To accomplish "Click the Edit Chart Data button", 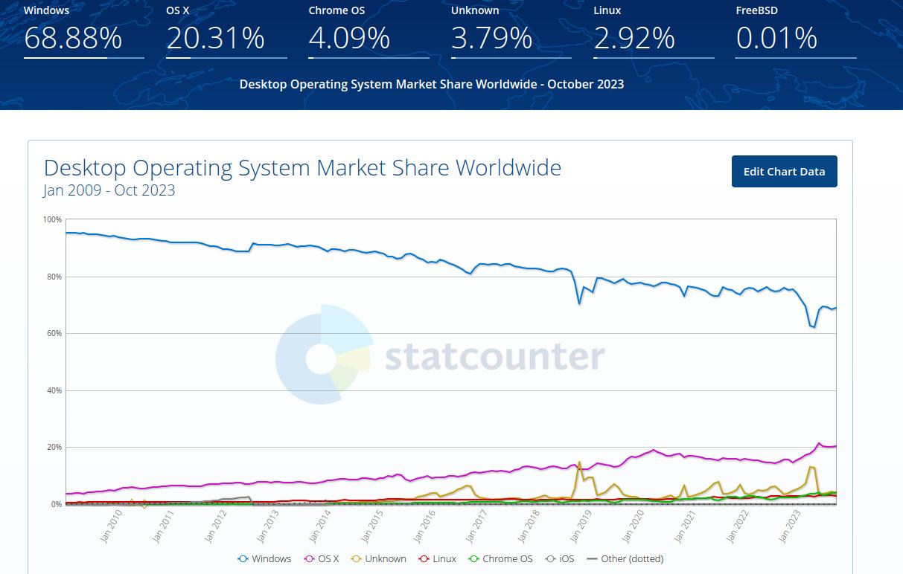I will point(784,172).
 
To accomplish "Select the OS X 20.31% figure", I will point(215,38).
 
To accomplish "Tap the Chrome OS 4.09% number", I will point(349,38).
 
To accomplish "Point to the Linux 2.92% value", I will point(634,38).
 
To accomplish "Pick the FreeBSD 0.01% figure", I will point(776,38).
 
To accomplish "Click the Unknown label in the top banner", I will point(475,10).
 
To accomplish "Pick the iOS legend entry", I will point(560,558).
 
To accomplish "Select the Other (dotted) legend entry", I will point(625,558).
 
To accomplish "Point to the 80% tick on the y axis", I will point(53,277).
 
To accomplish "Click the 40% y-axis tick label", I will point(53,390).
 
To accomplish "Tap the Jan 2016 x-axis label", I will point(425,526).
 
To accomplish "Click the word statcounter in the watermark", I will point(494,357).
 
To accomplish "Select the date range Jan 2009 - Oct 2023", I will point(109,190).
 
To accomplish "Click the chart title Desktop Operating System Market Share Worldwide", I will point(302,167).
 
